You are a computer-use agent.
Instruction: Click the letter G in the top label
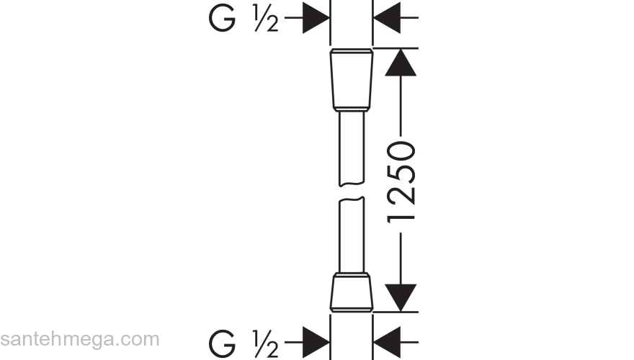pyautogui.click(x=222, y=19)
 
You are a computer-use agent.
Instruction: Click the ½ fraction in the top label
pyautogui.click(x=266, y=19)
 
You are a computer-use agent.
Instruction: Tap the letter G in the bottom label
pyautogui.click(x=222, y=343)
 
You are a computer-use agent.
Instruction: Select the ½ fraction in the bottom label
pyautogui.click(x=266, y=343)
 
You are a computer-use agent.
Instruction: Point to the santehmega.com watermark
pyautogui.click(x=80, y=339)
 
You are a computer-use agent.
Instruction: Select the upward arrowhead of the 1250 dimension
pyautogui.click(x=401, y=62)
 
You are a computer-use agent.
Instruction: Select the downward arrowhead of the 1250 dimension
pyautogui.click(x=401, y=298)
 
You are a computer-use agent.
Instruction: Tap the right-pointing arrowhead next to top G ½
pyautogui.click(x=316, y=18)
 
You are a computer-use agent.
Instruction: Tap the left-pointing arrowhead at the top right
pyautogui.click(x=387, y=18)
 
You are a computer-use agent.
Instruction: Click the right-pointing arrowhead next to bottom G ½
pyautogui.click(x=316, y=342)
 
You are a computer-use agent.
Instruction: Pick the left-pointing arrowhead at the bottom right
pyautogui.click(x=387, y=342)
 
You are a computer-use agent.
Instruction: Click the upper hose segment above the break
pyautogui.click(x=352, y=148)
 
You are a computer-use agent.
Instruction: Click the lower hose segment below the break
pyautogui.click(x=352, y=235)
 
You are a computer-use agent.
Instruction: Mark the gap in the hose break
pyautogui.click(x=352, y=192)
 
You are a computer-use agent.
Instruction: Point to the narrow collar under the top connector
pyautogui.click(x=352, y=108)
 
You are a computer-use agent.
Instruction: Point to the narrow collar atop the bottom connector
pyautogui.click(x=352, y=275)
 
